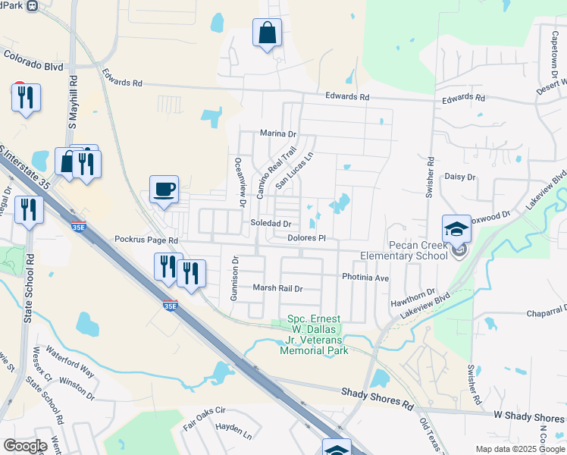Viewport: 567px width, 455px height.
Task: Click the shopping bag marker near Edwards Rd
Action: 267,33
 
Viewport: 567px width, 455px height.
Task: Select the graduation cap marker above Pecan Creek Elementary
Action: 456,228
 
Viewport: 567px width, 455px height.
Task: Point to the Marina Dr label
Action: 277,133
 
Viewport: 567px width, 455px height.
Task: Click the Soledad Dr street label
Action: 271,224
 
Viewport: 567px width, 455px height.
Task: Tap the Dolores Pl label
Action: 306,238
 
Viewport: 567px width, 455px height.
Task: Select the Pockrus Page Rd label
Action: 146,240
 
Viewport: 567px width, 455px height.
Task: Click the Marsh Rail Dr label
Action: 277,288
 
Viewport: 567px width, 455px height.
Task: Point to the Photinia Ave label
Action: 365,278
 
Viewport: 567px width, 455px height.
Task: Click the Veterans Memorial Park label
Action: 314,335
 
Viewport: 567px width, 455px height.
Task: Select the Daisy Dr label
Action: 460,177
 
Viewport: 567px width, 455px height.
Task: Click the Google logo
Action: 24,446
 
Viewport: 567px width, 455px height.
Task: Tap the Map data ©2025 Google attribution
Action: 519,449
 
